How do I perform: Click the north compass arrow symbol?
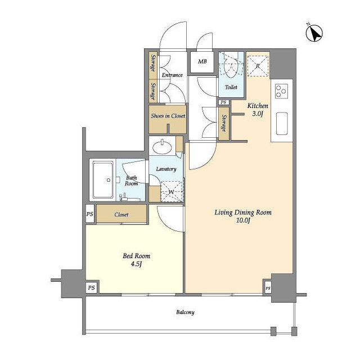314,33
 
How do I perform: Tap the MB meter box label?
202,61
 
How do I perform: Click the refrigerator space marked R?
258,66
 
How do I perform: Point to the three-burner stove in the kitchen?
281,91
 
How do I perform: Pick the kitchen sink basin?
282,123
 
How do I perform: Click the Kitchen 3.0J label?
258,110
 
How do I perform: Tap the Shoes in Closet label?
168,116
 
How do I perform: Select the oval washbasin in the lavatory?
163,147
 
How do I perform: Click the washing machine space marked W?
172,192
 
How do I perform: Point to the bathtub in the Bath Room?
103,180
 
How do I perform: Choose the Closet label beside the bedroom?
121,214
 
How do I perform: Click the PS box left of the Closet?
90,214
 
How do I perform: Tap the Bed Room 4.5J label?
136,260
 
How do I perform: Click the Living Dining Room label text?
243,213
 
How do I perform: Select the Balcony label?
185,312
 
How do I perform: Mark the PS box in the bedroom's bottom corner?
92,287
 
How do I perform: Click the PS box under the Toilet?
223,102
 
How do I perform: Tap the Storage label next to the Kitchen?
224,123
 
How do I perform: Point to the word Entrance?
172,75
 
